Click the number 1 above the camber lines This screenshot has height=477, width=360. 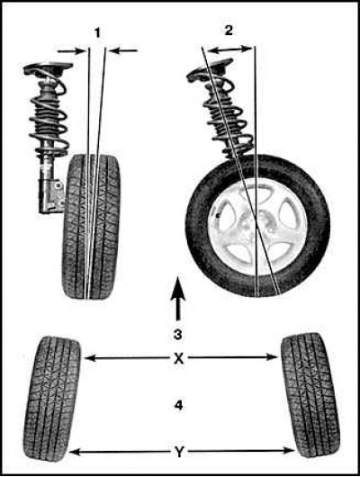97,32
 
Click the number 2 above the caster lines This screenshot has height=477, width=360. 229,30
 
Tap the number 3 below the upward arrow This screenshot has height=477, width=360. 178,334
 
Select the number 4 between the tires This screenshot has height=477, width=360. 178,405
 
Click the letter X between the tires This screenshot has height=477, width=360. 179,359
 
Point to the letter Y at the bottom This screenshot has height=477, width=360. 179,453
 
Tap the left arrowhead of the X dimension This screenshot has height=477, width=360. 89,358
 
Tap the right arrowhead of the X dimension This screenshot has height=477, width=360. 273,356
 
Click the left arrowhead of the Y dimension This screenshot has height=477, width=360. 75,453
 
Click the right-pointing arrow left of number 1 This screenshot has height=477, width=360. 72,51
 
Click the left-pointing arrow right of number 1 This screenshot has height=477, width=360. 123,50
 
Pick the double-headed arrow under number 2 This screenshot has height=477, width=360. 230,49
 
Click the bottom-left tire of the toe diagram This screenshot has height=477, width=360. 52,398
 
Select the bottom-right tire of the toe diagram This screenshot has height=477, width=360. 310,394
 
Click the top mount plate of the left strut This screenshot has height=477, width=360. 48,67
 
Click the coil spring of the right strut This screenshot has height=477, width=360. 229,119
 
